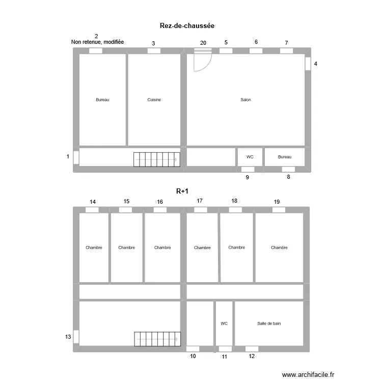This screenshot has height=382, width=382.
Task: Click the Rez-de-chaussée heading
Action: tap(189, 25)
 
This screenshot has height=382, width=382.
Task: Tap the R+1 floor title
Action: tap(182, 192)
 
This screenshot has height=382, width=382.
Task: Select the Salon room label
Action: tap(245, 100)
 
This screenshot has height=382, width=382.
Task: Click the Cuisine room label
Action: tap(154, 100)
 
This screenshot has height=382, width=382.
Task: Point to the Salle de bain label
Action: tap(269, 323)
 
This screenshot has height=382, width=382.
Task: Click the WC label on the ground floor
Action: tap(250, 157)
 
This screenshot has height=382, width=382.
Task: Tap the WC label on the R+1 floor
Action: tap(224, 323)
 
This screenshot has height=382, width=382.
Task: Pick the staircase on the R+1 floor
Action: tap(157, 339)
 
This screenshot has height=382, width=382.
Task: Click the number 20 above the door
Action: tap(203, 43)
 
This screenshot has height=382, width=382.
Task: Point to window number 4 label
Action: tap(316, 64)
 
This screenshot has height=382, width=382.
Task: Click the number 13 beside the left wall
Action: tap(68, 337)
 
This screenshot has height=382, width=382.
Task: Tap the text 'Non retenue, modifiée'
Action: tap(97, 42)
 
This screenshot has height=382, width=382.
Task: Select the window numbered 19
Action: tap(279, 210)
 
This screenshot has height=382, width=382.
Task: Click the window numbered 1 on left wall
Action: tap(76, 157)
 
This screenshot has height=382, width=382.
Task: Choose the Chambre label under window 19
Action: tap(279, 248)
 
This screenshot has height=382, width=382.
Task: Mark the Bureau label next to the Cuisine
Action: tap(102, 100)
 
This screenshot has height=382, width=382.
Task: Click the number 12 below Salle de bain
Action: tap(252, 357)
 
